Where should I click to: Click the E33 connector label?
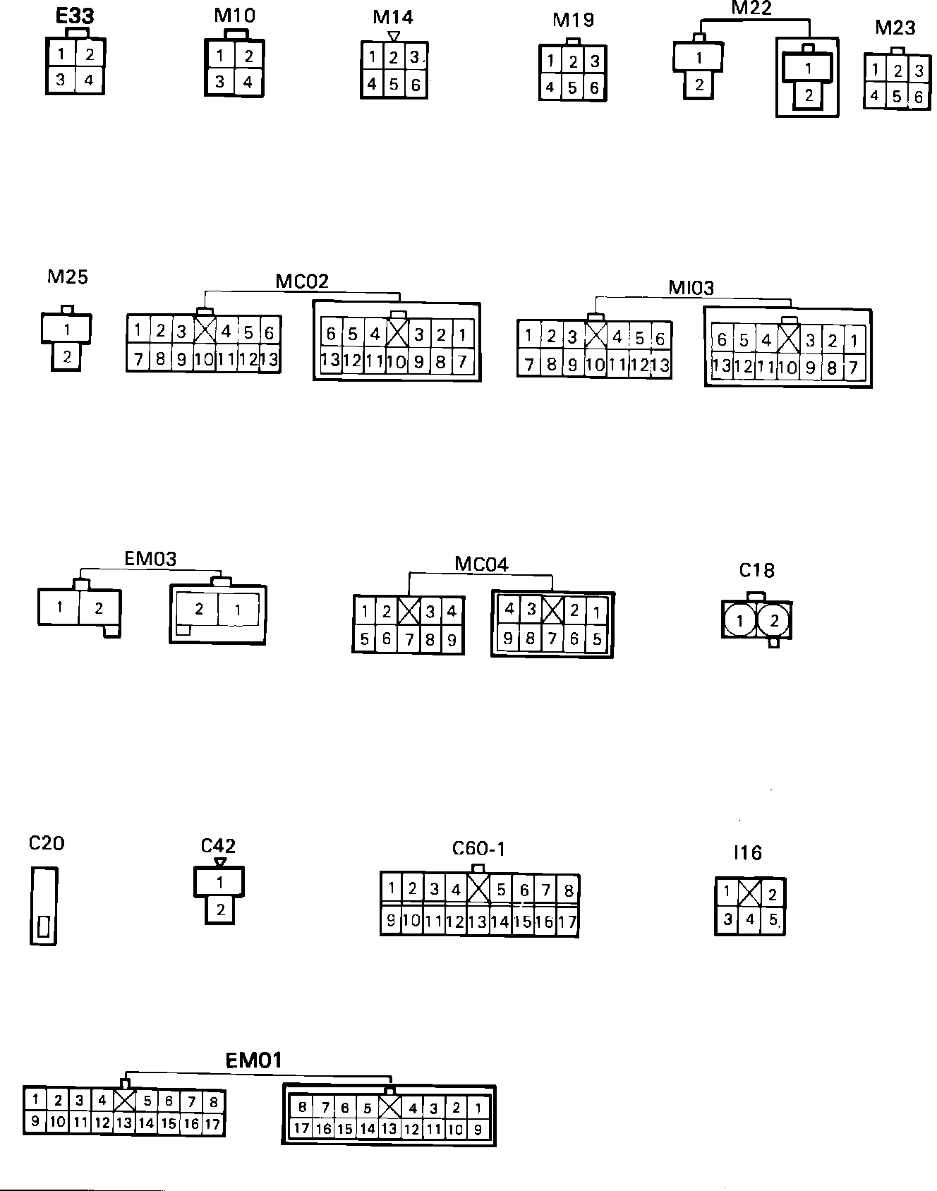click(75, 16)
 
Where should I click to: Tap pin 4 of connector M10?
click(248, 82)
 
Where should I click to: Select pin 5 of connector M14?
click(394, 85)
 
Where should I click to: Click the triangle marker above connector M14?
click(394, 35)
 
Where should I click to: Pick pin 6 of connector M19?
click(594, 87)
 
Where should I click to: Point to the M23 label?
click(895, 28)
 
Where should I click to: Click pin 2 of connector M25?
click(67, 356)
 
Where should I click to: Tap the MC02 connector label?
click(302, 282)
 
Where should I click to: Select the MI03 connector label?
click(691, 288)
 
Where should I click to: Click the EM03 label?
click(150, 559)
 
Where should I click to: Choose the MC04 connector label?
click(480, 564)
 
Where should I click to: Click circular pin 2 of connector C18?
click(774, 621)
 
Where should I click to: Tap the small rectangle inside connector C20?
click(44, 926)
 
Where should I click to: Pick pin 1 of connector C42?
click(220, 882)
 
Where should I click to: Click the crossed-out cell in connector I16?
click(749, 895)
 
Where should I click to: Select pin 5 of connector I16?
click(773, 920)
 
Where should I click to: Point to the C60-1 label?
click(478, 849)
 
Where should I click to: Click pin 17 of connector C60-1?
click(567, 921)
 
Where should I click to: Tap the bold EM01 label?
click(253, 1060)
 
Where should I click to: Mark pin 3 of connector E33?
click(61, 80)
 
